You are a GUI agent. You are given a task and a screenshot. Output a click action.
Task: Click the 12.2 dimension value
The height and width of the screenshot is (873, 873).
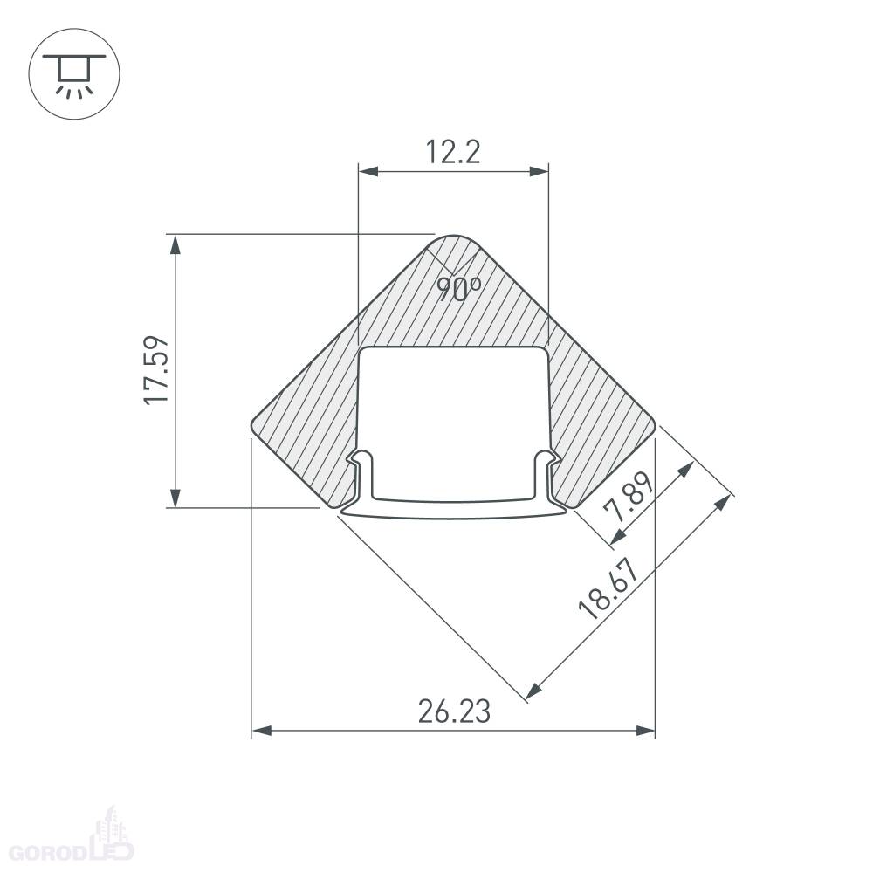tap(452, 152)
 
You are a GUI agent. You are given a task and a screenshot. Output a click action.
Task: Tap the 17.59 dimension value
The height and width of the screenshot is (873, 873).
tap(156, 370)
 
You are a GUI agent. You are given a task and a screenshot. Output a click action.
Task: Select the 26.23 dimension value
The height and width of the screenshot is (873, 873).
tap(454, 711)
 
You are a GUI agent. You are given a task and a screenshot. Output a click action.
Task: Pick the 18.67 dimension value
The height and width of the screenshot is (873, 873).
tap(608, 589)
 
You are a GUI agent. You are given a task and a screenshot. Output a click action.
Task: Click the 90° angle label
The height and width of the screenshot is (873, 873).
tap(458, 289)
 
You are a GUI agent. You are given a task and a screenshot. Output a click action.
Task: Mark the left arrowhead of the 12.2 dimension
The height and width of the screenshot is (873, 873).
tap(368, 171)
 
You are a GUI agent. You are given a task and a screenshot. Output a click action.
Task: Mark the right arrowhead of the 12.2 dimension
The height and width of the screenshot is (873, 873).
tap(539, 171)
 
